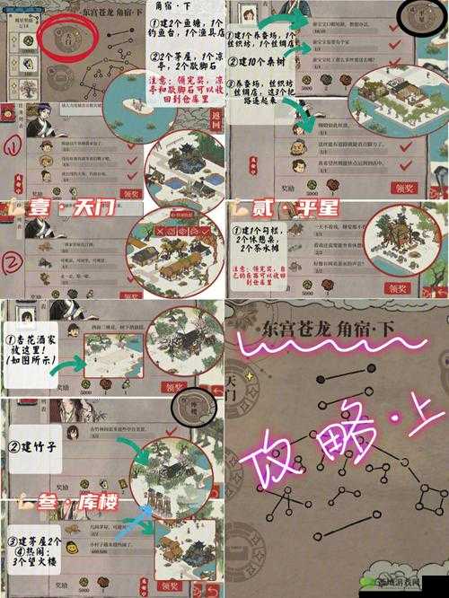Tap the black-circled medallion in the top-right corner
tap(421, 18)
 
